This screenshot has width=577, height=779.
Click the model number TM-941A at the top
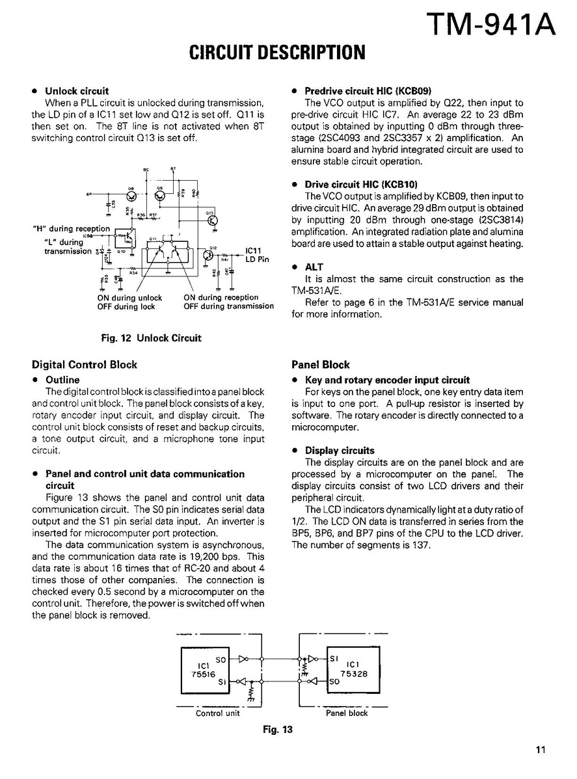coord(492,25)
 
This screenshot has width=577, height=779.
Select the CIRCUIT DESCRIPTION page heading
coord(276,53)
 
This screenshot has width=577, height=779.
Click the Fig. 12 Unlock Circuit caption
coord(151,338)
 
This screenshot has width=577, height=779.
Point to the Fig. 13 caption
coord(278,730)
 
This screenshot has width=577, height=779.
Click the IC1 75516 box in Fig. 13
coord(204,670)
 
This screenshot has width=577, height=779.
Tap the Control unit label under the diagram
coord(217,713)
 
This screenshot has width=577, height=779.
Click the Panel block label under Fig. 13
coord(347,713)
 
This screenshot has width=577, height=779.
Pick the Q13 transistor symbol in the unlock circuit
coord(211,220)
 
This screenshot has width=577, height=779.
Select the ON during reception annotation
coord(221,298)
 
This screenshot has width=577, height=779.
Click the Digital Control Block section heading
coord(85,365)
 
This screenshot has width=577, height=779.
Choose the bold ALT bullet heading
coord(314,267)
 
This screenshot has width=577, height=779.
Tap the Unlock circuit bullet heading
coord(77,91)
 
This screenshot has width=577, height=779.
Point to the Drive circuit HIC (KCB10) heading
coord(361,185)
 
